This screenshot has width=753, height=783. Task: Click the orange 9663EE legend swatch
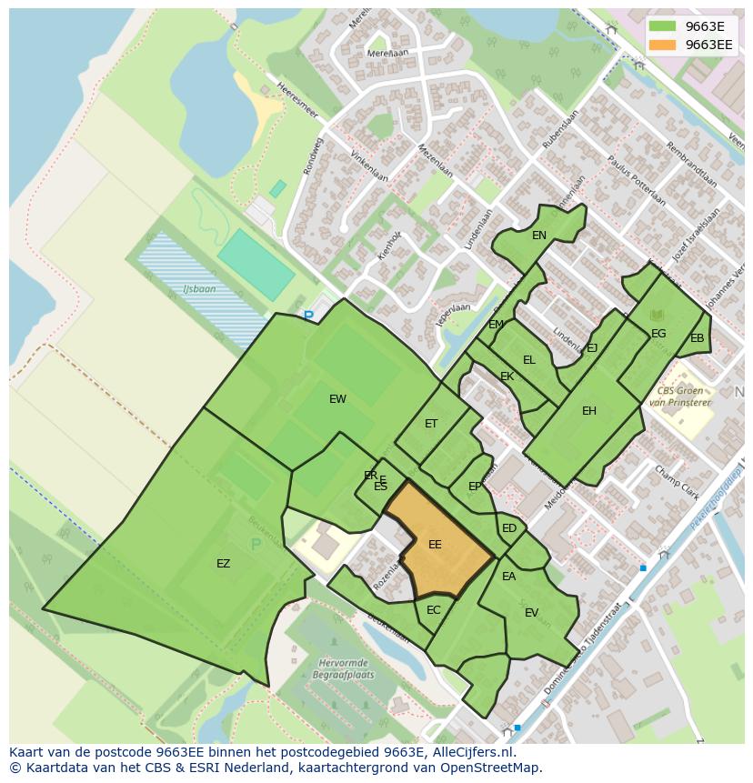coord(663,45)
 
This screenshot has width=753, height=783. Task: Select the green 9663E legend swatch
coord(663,26)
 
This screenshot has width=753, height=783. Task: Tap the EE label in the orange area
coord(435,545)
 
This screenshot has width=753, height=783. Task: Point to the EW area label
coord(337,399)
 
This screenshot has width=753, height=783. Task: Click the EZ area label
coord(223,564)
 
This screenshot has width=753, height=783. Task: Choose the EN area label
coord(539,236)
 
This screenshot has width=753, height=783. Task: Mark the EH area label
coord(589,411)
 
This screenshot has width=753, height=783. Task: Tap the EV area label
coord(532,613)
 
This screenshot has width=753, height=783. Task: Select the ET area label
coord(431,424)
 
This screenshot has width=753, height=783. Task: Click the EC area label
coord(434,610)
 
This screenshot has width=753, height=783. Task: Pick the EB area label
coord(698,338)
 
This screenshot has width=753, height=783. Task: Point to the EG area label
coord(658,334)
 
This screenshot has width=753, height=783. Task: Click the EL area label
coord(529,360)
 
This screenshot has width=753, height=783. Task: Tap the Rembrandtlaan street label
coord(691,165)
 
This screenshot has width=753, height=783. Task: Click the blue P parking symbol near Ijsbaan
coord(308,316)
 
